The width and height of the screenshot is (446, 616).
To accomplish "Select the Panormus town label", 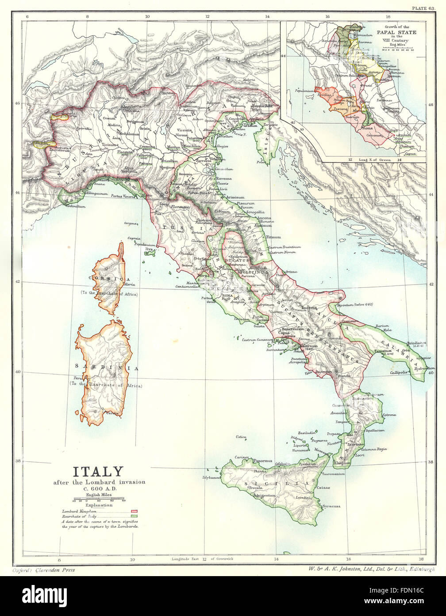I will pos(262,460).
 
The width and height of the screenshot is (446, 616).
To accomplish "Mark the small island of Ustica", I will pos(241,437).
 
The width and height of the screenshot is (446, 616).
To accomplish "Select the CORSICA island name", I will pos(108,280).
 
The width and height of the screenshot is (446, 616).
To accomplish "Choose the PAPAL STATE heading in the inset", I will pos(396,32).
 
